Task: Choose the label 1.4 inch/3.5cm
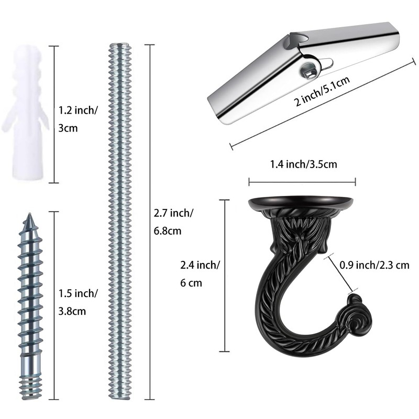tap(303, 164)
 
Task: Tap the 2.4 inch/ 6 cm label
tap(200, 274)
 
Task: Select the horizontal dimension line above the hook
tap(302, 182)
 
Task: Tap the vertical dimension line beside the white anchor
tap(51, 115)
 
